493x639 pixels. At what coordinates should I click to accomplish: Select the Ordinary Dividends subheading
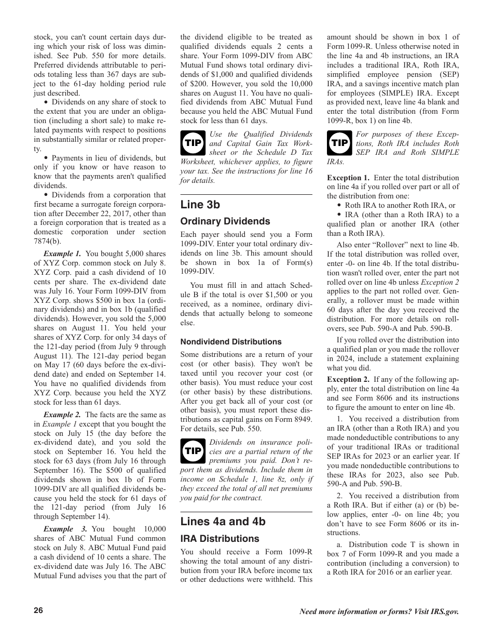point(225,221)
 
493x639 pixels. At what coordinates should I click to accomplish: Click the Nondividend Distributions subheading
point(231,342)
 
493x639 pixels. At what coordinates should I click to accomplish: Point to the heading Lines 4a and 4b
point(223,522)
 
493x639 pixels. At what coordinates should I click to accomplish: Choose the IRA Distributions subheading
point(220,539)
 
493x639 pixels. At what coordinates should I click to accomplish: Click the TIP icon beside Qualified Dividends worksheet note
point(193,143)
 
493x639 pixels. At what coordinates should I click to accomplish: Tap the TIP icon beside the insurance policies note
point(193,451)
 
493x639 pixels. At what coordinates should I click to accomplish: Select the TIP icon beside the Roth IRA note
point(340,143)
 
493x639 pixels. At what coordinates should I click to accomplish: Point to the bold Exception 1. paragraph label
point(348,178)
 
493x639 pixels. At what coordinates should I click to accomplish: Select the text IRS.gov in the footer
point(444,611)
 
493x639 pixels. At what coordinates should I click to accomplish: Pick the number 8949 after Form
point(304,419)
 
